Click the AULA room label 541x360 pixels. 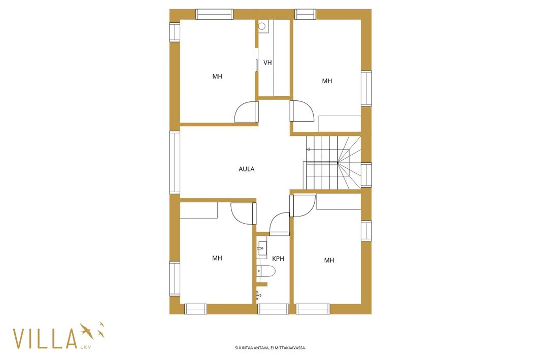click(246, 169)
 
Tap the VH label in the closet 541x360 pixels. click(267, 63)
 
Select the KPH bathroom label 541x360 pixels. click(278, 259)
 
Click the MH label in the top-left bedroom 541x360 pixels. click(217, 77)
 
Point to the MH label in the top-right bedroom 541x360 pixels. click(327, 81)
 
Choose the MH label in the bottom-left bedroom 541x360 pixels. click(217, 258)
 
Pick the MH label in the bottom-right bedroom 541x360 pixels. click(329, 260)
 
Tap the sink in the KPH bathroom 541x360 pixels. click(261, 247)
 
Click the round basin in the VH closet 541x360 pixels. click(262, 26)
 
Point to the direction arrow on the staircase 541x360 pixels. click(308, 149)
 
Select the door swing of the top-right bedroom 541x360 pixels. click(302, 111)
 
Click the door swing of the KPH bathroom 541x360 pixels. click(280, 224)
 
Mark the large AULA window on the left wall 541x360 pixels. click(175, 162)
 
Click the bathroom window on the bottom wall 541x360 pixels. click(273, 309)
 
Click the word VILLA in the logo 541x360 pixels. click(45, 339)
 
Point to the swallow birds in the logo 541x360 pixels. click(92, 330)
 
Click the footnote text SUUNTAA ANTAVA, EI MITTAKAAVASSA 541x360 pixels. click(270, 348)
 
